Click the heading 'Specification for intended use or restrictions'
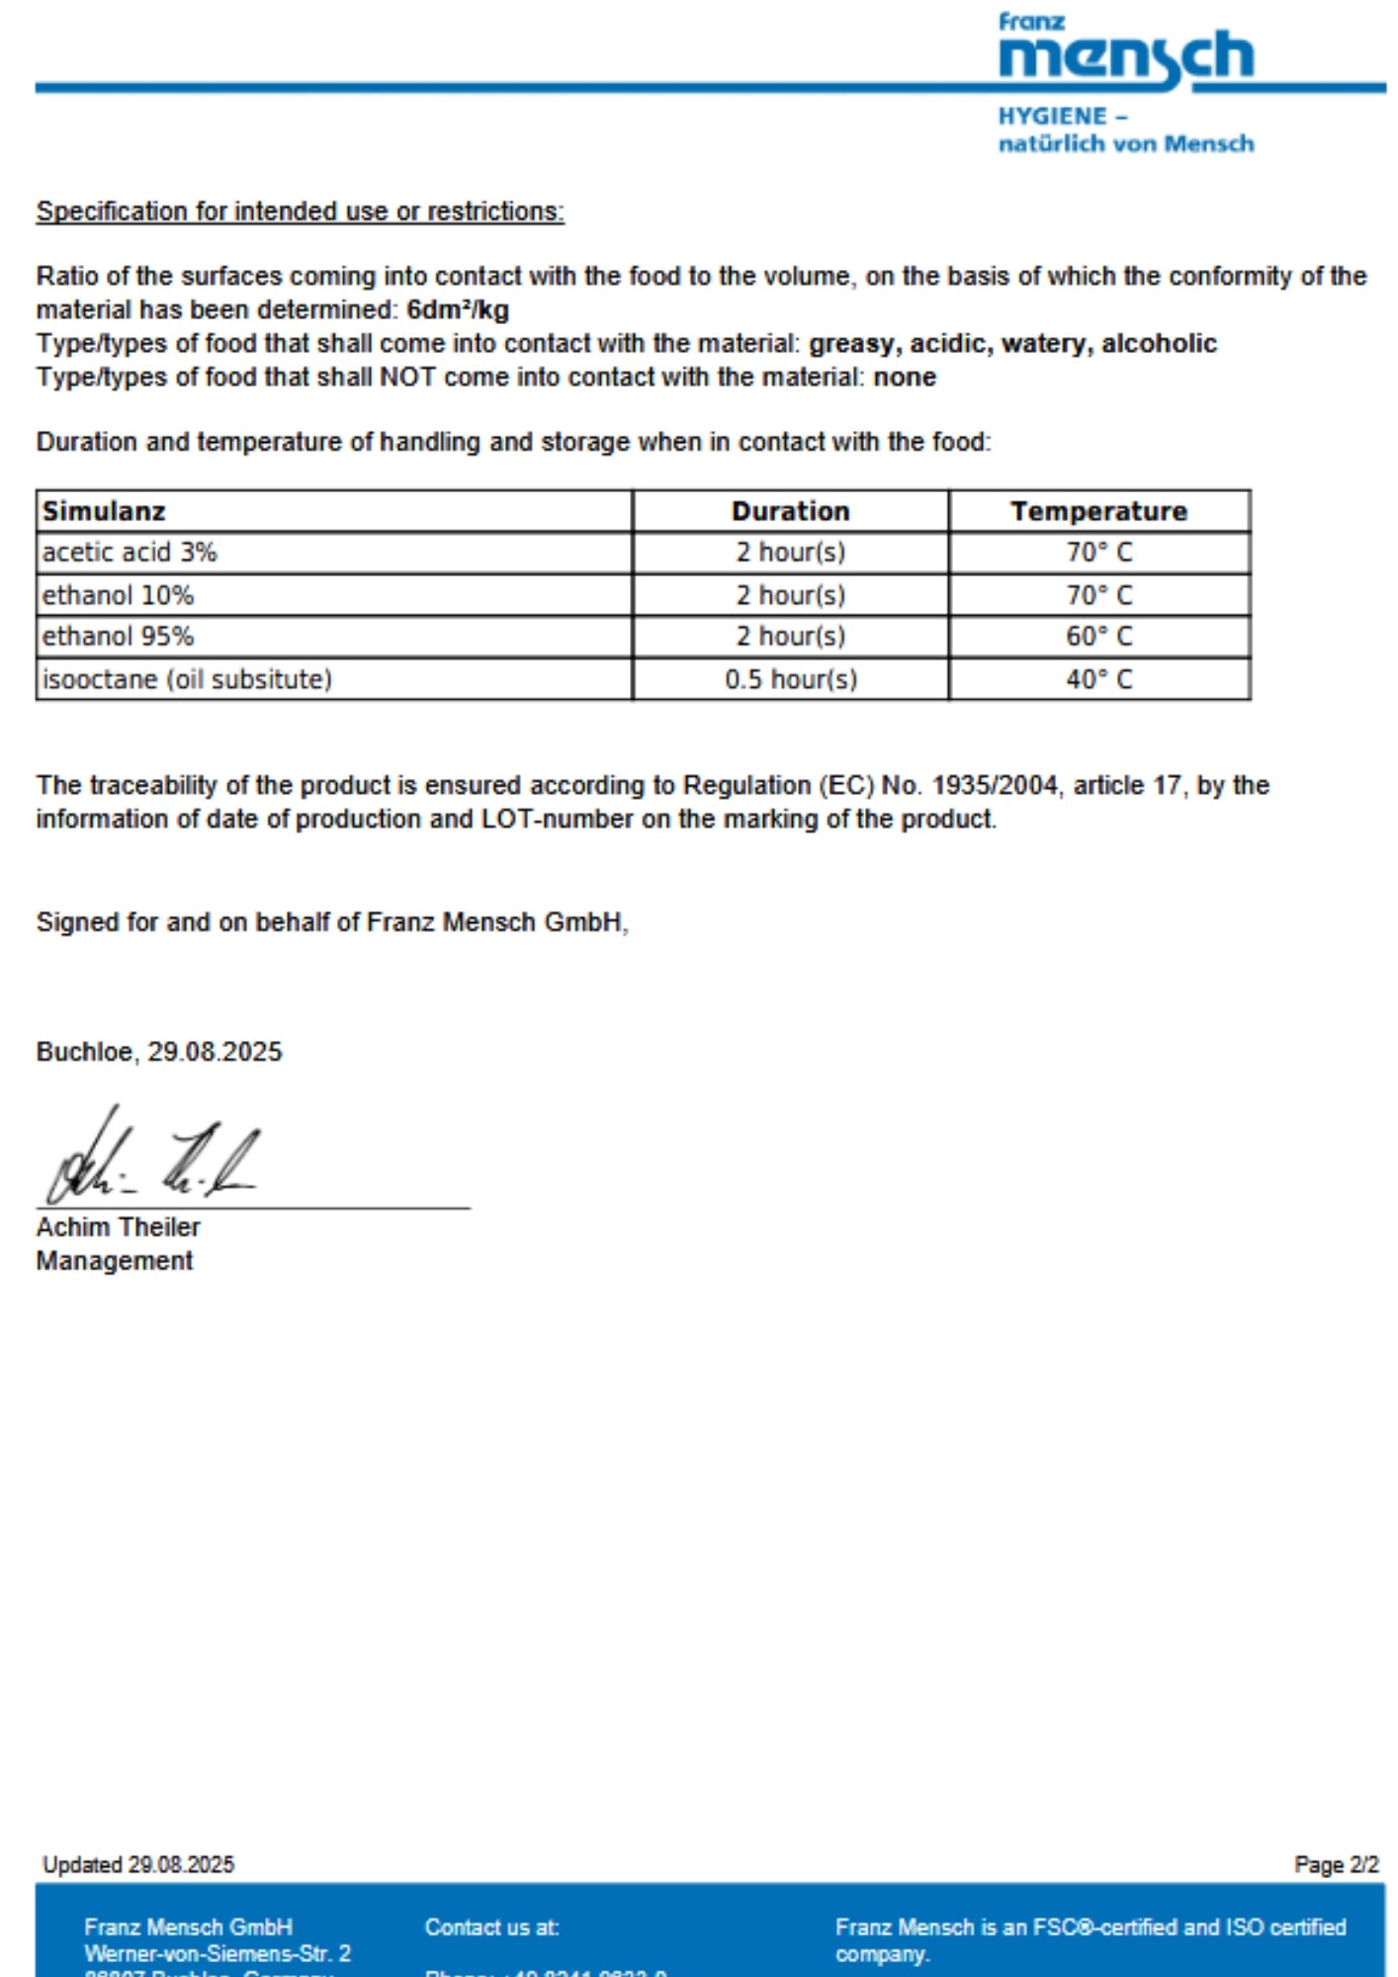point(300,212)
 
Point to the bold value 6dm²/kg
point(458,310)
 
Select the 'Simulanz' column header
point(104,511)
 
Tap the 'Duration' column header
point(790,511)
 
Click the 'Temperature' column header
point(1098,511)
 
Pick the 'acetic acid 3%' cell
point(130,553)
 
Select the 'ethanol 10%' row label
point(118,595)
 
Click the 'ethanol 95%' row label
point(118,637)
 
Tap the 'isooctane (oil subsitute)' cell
point(187,680)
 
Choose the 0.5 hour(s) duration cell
point(790,680)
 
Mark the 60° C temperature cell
point(1098,637)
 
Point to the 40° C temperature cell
point(1098,680)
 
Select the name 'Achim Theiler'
point(118,1228)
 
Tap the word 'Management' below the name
point(115,1261)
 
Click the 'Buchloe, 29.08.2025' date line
point(159,1052)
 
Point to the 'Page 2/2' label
point(1336,1865)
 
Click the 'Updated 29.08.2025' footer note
point(138,1865)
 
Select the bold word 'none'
point(905,378)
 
